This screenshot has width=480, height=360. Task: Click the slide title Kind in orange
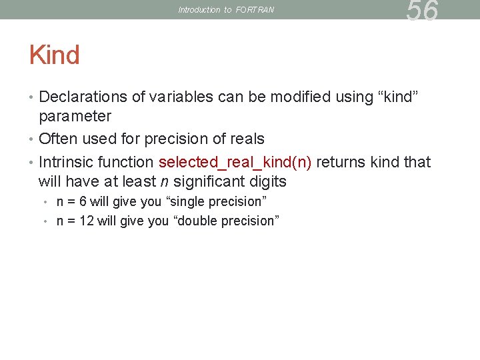pos(54,55)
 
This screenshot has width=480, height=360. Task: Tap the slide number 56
pos(423,11)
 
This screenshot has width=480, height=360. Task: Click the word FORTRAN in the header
pos(254,10)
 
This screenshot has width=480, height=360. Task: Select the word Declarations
pos(83,97)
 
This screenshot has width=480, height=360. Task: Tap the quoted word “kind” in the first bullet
pos(399,97)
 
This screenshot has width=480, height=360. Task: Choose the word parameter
pos(75,117)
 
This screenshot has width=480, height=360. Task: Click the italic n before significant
pos(164,182)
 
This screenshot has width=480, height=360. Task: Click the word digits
pos(269,182)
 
